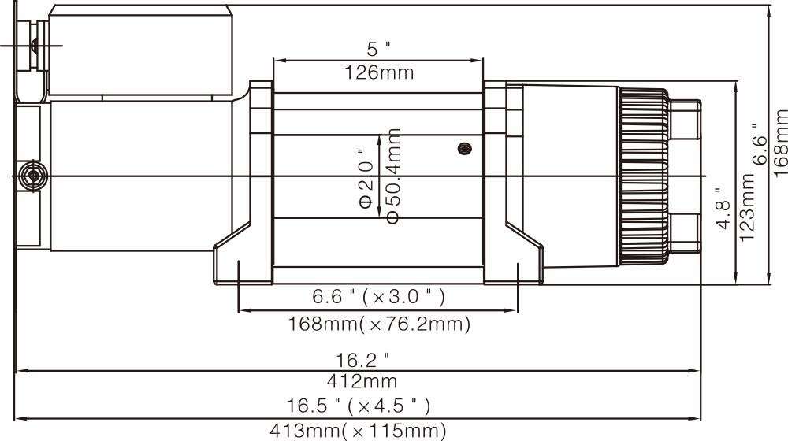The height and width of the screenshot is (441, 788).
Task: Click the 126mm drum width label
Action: pyautogui.click(x=379, y=72)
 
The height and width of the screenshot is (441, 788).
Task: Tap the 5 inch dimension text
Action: pyautogui.click(x=378, y=50)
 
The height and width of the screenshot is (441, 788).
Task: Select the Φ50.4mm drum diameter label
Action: pyautogui.click(x=393, y=176)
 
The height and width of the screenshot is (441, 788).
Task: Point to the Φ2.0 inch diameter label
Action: pyautogui.click(x=366, y=178)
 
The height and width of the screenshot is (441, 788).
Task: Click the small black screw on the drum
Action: pyautogui.click(x=465, y=148)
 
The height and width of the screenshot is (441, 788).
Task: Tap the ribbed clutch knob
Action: pyautogui.click(x=645, y=176)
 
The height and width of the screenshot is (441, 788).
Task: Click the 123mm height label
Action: pyautogui.click(x=747, y=206)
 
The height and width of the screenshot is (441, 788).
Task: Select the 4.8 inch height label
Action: pyautogui.click(x=723, y=208)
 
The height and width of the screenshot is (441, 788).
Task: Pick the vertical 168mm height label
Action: pyautogui.click(x=780, y=143)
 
